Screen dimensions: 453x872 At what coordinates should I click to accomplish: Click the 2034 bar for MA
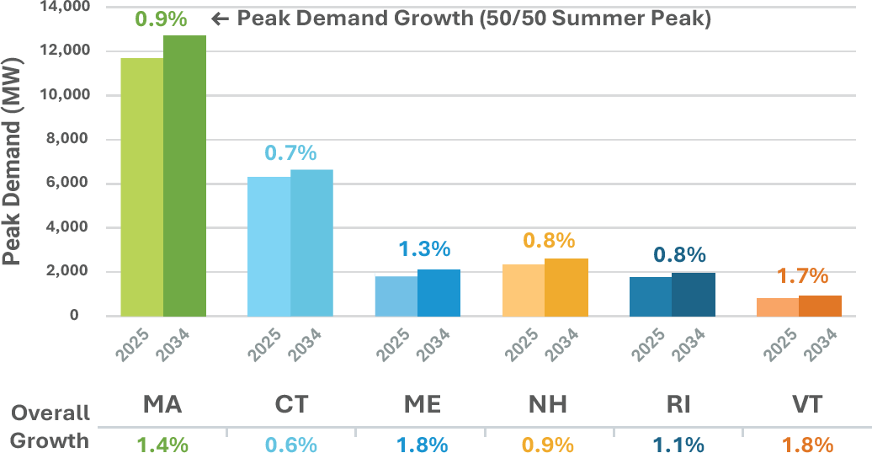(184, 176)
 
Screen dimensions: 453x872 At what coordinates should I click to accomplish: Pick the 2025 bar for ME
(396, 296)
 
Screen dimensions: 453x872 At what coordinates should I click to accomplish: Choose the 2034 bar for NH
(566, 287)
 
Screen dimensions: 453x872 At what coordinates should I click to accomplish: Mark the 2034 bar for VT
(820, 306)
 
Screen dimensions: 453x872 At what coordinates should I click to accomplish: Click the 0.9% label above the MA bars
(161, 19)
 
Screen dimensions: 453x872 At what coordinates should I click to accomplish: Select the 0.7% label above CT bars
(290, 153)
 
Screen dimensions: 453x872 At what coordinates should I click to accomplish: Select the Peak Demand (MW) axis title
(13, 159)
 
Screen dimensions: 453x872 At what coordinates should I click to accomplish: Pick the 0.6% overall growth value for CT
(290, 442)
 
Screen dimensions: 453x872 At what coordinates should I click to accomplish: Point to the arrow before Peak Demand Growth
(220, 19)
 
